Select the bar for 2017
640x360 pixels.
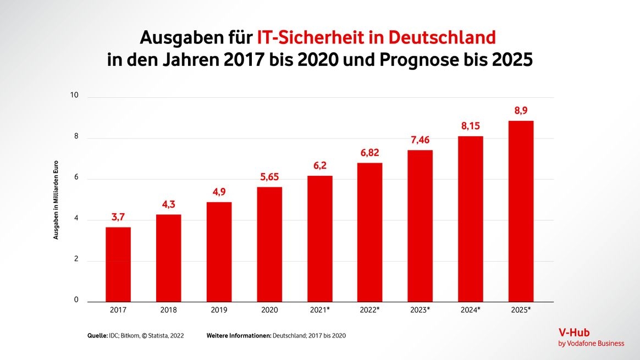click(x=118, y=264)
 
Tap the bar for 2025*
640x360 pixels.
click(x=521, y=212)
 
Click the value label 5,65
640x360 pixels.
click(x=269, y=178)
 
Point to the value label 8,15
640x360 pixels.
click(x=471, y=126)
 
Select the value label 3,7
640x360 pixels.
click(x=118, y=218)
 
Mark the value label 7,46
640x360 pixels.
click(x=421, y=140)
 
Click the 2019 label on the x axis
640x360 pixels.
click(x=219, y=310)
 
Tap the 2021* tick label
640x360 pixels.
click(x=320, y=310)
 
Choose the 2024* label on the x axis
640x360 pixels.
click(x=471, y=310)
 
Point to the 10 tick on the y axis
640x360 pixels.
click(x=74, y=96)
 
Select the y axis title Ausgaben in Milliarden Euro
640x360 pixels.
click(x=56, y=200)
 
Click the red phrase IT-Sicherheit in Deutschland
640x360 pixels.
click(x=376, y=37)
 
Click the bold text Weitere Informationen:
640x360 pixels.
click(x=239, y=335)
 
